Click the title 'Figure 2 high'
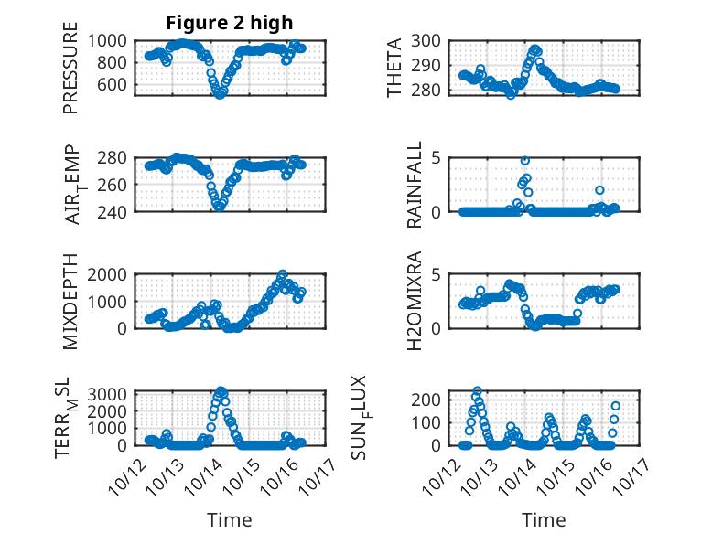pos(230,22)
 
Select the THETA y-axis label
pos(394,67)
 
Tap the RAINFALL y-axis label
pos(414,184)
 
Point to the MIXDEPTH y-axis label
pos(70,301)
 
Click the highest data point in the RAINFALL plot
pos(525,160)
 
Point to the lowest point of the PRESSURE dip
pos(220,93)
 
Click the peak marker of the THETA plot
pos(535,49)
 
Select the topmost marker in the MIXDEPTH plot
pos(282,274)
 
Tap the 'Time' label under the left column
pos(230,520)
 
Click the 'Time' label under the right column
pos(544,520)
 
